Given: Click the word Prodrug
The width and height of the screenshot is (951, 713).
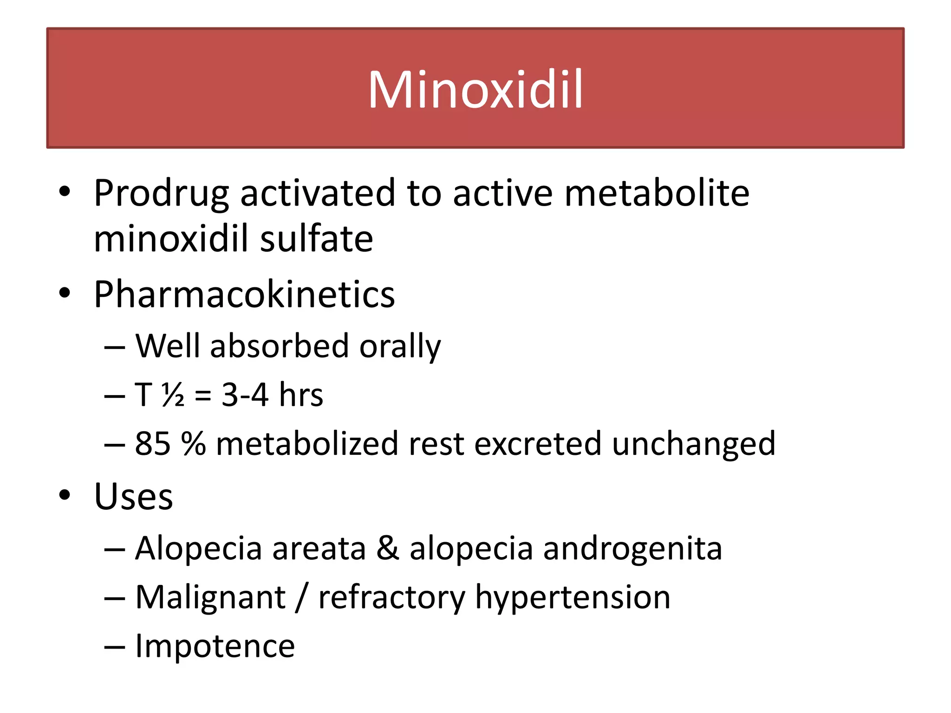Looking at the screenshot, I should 161,193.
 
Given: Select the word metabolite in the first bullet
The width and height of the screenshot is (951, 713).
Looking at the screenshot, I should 657,193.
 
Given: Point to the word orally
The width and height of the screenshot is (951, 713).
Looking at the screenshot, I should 400,346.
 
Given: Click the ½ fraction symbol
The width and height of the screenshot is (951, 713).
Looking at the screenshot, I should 173,395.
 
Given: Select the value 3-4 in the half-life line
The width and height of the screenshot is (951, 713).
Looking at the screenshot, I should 245,395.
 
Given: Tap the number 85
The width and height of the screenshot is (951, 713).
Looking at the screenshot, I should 152,444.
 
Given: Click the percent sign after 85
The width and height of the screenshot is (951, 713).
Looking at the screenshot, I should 193,444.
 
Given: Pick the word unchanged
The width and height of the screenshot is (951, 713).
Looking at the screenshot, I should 693,445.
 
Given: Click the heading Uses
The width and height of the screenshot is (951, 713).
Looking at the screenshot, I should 133,497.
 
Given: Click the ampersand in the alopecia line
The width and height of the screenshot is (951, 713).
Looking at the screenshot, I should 387,549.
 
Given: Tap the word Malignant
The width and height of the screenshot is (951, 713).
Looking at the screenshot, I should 210,598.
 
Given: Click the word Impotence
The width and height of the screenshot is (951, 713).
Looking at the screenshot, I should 215,646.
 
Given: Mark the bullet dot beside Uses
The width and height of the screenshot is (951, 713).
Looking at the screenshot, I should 65,495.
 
